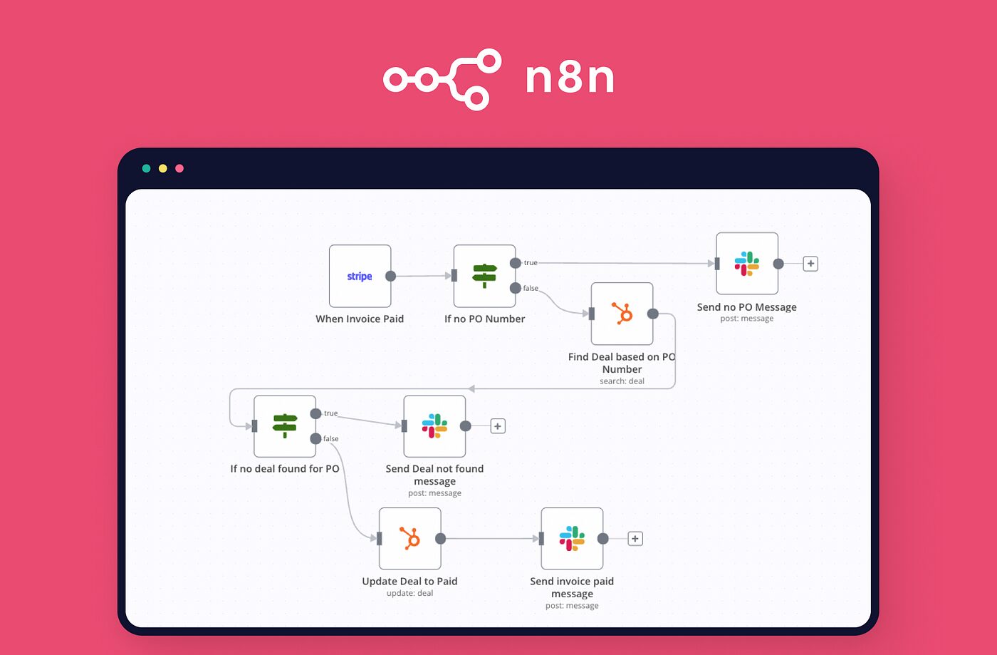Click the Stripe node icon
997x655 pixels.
coord(360,277)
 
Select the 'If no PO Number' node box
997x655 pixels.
coord(485,276)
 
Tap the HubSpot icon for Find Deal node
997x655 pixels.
coord(622,314)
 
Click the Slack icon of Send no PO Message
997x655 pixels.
coord(747,264)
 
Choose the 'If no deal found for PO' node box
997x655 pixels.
coord(285,426)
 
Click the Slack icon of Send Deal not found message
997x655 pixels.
coord(434,426)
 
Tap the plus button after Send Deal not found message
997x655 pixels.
coord(498,426)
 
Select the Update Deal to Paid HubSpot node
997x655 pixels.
coord(410,539)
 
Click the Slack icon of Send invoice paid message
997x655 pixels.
coord(572,539)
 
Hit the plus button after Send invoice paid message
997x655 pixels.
coord(635,539)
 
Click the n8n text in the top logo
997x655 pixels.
coord(570,78)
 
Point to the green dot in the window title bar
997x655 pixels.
coord(146,168)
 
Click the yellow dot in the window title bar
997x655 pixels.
coord(162,168)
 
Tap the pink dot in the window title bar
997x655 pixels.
coord(179,168)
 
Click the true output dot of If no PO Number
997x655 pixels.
coord(516,263)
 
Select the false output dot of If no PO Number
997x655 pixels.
coord(516,288)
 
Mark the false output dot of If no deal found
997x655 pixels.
coord(315,438)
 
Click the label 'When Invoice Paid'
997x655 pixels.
coord(360,319)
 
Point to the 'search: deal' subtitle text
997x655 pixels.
coord(622,381)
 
